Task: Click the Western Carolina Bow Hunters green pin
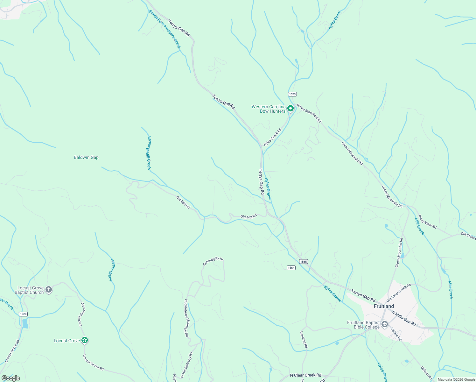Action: (290, 109)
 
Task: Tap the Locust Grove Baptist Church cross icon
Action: (48, 290)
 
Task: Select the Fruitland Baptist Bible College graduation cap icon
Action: (384, 324)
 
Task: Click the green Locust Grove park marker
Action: (84, 340)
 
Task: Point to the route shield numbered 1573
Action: (292, 94)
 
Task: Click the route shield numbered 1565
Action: (303, 261)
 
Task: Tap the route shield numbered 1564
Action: (291, 268)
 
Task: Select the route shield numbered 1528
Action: (23, 314)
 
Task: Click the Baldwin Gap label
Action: (86, 157)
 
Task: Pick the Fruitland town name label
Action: (384, 306)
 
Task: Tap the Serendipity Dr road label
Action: (213, 261)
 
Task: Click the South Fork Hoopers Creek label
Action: (165, 29)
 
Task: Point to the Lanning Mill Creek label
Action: (149, 153)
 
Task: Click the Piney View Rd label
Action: (427, 222)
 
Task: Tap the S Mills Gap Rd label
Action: (404, 318)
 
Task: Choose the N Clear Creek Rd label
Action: (305, 375)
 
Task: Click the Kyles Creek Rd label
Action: (273, 137)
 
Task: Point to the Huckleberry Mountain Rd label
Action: (186, 318)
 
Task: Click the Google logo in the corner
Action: (10, 378)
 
